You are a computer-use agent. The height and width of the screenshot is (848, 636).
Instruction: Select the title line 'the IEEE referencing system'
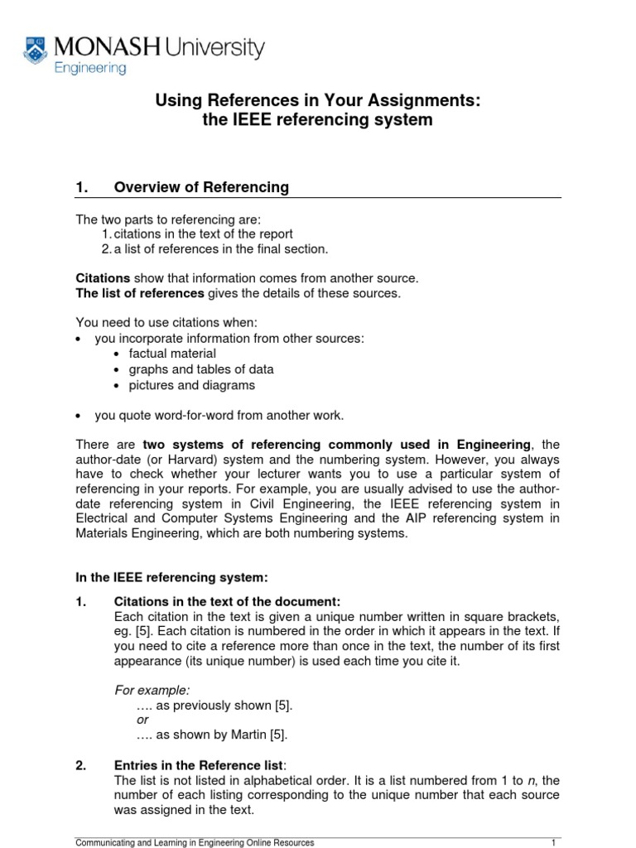click(318, 120)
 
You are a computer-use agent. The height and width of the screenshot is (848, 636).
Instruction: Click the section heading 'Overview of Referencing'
click(201, 187)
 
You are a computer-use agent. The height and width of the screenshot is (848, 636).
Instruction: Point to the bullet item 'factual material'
click(172, 354)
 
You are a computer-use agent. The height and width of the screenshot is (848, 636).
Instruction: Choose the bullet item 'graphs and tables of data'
click(201, 369)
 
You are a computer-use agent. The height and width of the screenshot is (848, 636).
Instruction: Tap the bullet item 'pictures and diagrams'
click(191, 385)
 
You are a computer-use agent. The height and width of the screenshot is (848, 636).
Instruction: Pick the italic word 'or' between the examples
click(142, 719)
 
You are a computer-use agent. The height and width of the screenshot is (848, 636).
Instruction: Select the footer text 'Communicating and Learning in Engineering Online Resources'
click(195, 842)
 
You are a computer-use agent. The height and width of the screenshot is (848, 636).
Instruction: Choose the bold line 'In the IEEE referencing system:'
click(171, 576)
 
